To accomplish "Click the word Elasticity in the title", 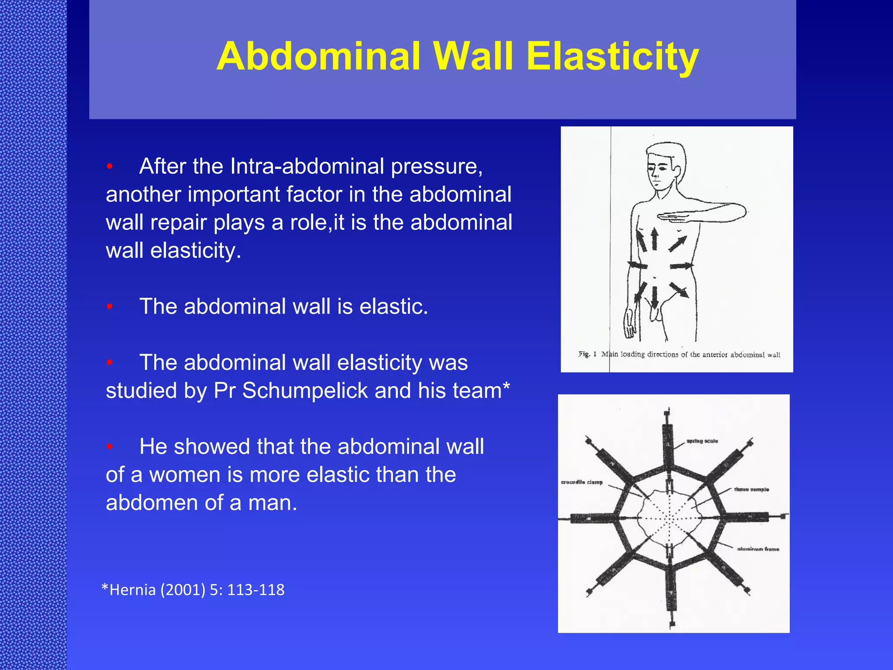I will pyautogui.click(x=612, y=57).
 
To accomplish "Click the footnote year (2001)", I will pyautogui.click(x=183, y=590).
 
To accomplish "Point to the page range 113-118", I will pyautogui.click(x=256, y=590).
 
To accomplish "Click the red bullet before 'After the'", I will pyautogui.click(x=110, y=167).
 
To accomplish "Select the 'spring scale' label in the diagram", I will pyautogui.click(x=702, y=441).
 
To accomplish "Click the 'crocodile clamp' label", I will pyautogui.click(x=582, y=482).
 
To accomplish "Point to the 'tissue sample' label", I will pyautogui.click(x=751, y=489).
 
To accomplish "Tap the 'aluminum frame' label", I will pyautogui.click(x=758, y=549).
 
